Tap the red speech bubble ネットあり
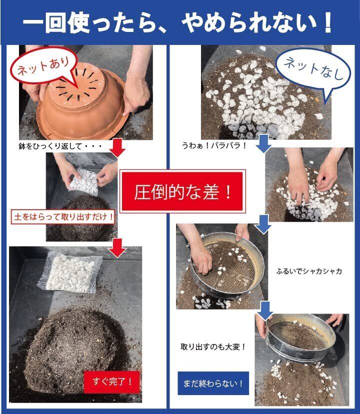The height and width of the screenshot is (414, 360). tap(43, 66)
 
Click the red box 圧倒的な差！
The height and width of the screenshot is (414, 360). tap(182, 191)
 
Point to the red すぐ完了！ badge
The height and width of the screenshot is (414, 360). tap(111, 382)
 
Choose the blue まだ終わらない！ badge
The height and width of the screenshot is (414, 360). tap(213, 383)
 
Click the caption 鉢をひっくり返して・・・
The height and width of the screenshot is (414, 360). tap(60, 146)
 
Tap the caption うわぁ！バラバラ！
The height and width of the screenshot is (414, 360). tap(214, 145)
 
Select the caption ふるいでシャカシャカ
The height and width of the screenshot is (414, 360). tap(309, 271)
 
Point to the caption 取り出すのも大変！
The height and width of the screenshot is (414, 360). tap(213, 347)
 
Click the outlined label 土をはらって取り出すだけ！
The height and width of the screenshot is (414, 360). tap(63, 217)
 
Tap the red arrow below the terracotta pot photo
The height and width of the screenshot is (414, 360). tap(117, 147)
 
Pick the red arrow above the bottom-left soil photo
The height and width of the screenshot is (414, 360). tap(117, 248)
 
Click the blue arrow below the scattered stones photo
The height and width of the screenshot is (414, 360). tap(263, 144)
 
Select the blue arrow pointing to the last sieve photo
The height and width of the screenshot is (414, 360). tap(265, 311)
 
